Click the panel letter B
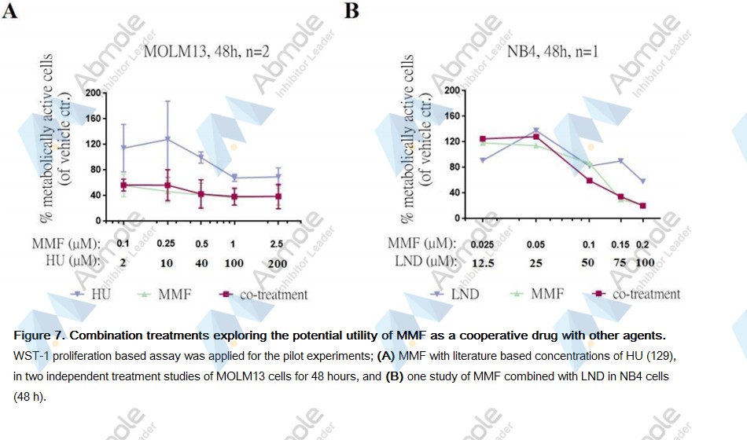(x=351, y=13)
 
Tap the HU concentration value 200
(x=277, y=263)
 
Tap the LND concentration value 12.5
(x=483, y=262)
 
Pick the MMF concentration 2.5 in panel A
(x=277, y=244)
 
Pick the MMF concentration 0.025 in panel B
(x=483, y=244)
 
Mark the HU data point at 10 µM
(x=167, y=139)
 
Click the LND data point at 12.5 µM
(x=483, y=160)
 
